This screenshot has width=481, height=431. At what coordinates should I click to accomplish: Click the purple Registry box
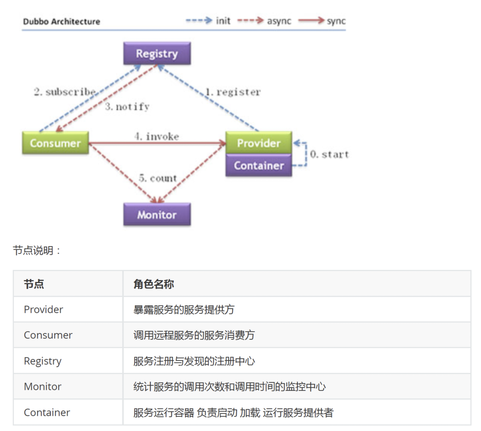coord(157,54)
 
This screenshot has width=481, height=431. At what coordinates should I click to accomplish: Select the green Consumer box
coord(55,143)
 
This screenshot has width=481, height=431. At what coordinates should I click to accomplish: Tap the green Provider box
coord(258,143)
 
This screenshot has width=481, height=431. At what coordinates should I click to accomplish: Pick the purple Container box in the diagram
coord(258,166)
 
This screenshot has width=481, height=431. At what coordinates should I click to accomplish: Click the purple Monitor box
coord(157,215)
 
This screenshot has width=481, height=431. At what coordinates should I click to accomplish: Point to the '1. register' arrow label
coord(233,92)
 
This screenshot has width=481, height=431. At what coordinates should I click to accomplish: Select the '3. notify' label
coord(127,107)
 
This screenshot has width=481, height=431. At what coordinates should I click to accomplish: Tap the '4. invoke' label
coord(157,136)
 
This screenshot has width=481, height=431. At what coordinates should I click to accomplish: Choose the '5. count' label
coord(157,178)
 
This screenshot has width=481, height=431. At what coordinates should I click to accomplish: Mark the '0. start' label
coord(329,154)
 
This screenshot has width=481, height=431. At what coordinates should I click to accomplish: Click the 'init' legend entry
coord(223,21)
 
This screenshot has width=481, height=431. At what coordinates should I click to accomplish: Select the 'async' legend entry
coord(279,21)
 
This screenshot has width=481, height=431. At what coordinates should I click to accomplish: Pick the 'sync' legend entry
coord(336,21)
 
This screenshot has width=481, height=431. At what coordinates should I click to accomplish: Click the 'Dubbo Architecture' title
coord(61,21)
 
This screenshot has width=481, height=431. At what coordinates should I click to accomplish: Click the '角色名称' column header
coord(153,284)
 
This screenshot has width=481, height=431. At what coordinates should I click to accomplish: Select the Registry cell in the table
coord(43,361)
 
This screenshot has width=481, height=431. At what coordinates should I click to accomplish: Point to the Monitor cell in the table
coord(43,387)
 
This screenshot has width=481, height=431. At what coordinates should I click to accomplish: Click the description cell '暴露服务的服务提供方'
coord(184,309)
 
